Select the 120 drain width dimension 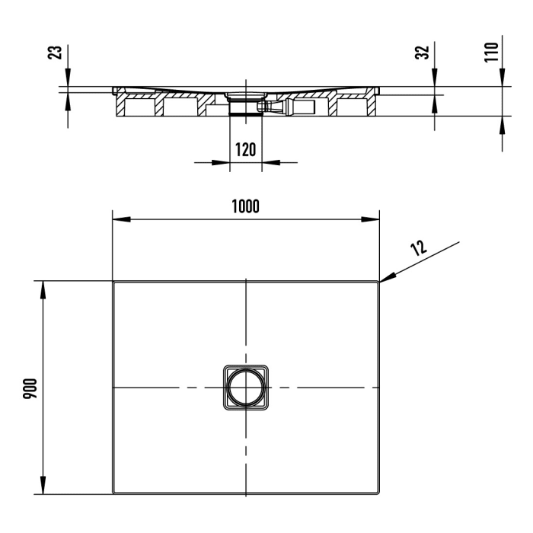pos(245,149)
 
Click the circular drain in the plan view pos(246,388)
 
